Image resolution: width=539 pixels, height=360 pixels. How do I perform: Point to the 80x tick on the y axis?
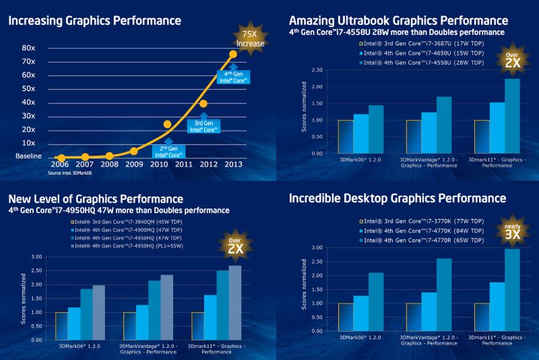tap(28, 48)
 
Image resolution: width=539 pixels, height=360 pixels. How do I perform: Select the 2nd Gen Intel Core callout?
tap(168, 150)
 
